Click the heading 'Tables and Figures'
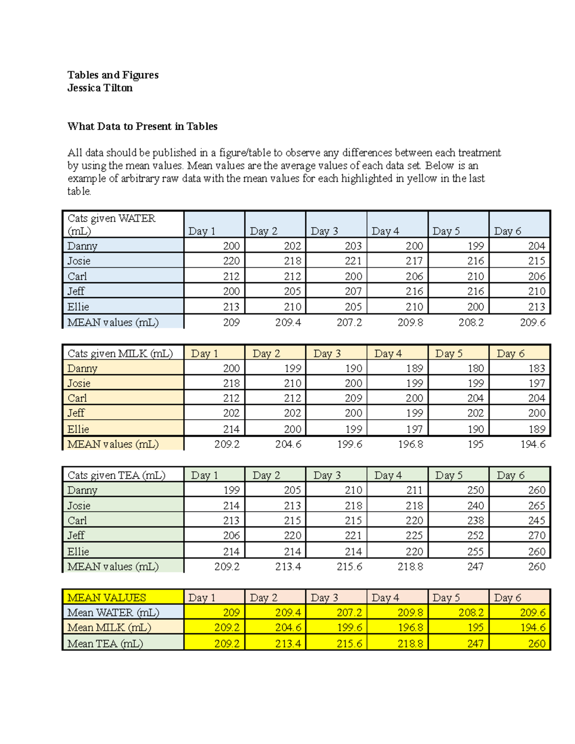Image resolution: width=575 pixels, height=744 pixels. pyautogui.click(x=113, y=75)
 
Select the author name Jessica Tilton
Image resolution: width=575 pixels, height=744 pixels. pyautogui.click(x=100, y=88)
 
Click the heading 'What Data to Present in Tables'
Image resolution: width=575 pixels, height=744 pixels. pyautogui.click(x=142, y=126)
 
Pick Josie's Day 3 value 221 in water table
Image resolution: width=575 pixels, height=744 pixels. pyautogui.click(x=353, y=261)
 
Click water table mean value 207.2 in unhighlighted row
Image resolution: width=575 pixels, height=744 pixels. pyautogui.click(x=349, y=322)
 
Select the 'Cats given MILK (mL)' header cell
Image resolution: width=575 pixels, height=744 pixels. pyautogui.click(x=120, y=354)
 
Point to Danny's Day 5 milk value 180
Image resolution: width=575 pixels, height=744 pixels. pyautogui.click(x=475, y=368)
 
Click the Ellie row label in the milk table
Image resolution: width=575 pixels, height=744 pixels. pyautogui.click(x=78, y=429)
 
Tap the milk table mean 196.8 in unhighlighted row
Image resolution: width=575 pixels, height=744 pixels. pyautogui.click(x=410, y=445)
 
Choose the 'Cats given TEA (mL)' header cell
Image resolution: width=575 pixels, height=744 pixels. pyautogui.click(x=116, y=475)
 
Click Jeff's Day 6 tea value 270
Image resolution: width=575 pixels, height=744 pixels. pyautogui.click(x=537, y=536)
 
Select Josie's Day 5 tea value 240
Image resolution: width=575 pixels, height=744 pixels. pyautogui.click(x=475, y=505)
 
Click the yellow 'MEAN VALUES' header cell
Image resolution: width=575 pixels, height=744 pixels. pyautogui.click(x=106, y=597)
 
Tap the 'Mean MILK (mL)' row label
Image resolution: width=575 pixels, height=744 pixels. pyautogui.click(x=109, y=628)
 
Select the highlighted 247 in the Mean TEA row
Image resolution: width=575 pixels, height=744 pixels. pyautogui.click(x=475, y=643)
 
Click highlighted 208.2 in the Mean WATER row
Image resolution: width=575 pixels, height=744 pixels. pyautogui.click(x=471, y=613)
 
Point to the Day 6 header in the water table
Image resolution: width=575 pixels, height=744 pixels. pyautogui.click(x=507, y=231)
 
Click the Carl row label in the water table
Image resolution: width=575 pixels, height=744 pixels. pyautogui.click(x=77, y=276)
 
